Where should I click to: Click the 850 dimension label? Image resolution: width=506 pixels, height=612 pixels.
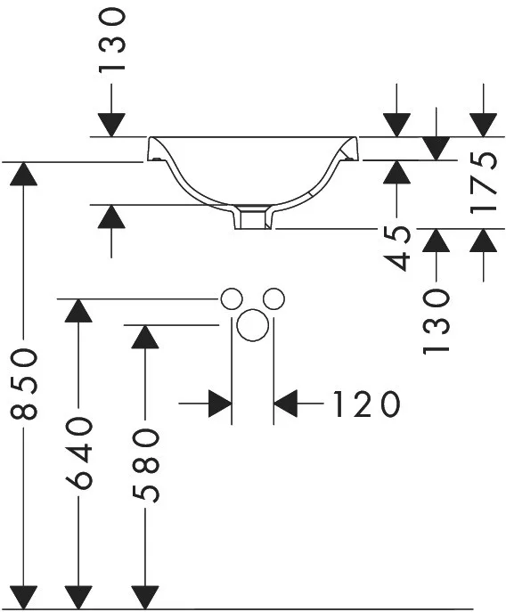[x=24, y=384]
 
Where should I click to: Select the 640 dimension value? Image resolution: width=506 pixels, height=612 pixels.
[x=78, y=453]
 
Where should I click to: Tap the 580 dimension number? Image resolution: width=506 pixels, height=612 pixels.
[x=145, y=465]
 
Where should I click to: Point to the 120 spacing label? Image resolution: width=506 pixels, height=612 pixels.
[x=366, y=404]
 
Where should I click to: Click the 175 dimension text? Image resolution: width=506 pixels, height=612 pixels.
[x=484, y=183]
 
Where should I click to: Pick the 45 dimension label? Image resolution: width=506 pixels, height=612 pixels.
[x=396, y=248]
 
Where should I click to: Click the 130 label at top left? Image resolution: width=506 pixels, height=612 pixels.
[x=111, y=41]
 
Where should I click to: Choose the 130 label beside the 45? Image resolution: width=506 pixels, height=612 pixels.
[x=436, y=322]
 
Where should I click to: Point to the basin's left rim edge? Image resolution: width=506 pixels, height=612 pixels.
[x=149, y=148]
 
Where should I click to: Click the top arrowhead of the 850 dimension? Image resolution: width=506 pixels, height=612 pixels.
[x=24, y=174]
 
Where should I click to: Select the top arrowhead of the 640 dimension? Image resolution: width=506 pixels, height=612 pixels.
[x=78, y=311]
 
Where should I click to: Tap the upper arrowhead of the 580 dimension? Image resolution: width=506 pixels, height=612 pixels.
[x=145, y=337]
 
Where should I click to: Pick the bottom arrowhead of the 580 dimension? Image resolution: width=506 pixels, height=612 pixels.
[x=145, y=596]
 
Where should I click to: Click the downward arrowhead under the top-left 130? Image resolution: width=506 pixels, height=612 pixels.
[x=111, y=125]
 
